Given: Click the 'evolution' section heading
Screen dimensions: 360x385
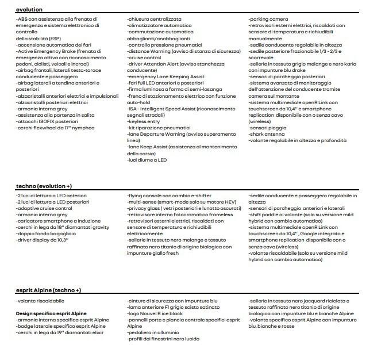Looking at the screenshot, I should click(29, 10).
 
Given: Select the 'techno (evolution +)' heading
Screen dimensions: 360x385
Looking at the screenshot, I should click(44, 187).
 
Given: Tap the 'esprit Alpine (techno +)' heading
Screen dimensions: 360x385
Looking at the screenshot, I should click(48, 291).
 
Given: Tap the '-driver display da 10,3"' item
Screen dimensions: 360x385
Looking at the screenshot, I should click(43, 240).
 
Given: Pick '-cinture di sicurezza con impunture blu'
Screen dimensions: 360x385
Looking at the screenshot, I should click(172, 301).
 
